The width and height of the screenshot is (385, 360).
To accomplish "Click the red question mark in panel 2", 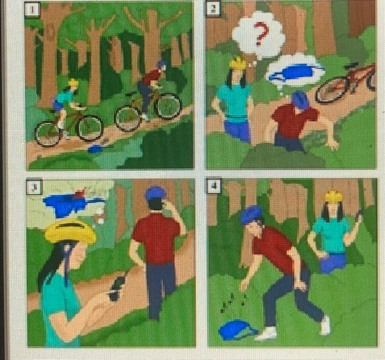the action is tap(261, 33).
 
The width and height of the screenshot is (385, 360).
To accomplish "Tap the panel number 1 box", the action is tap(32, 10).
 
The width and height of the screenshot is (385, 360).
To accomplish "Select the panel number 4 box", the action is tap(214, 185).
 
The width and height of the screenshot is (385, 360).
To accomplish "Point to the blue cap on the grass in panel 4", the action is tap(237, 329).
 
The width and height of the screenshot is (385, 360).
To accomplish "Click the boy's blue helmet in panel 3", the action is tap(155, 193).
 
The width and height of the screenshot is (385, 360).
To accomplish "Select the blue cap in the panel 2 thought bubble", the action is tap(295, 72).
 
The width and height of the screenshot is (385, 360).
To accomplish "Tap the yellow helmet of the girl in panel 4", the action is tap(334, 196).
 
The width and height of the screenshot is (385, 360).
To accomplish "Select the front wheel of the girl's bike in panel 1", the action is tap(90, 128).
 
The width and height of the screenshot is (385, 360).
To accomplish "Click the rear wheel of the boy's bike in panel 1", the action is tap(128, 119).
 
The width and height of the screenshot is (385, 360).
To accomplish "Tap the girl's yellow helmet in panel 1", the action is tap(73, 82).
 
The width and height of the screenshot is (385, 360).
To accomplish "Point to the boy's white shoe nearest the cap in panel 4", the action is tap(266, 334).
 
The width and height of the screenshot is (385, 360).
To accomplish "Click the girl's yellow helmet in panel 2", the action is tap(238, 63).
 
